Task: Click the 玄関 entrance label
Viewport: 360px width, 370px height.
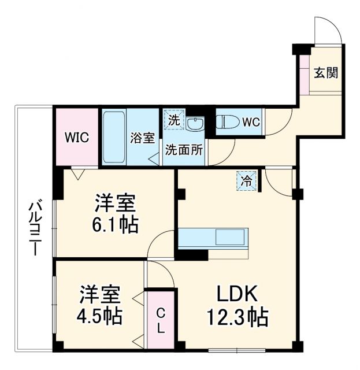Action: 326,73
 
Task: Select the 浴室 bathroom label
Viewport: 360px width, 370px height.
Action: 142,138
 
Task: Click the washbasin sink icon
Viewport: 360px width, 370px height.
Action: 196,124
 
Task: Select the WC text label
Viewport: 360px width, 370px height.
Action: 250,123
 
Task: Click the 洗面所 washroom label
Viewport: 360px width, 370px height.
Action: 184,149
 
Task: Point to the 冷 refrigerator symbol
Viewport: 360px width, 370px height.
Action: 246,180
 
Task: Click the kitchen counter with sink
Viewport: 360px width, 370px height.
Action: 213,238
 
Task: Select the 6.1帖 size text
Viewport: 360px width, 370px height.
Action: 116,224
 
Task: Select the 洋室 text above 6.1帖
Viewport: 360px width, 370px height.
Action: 116,203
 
